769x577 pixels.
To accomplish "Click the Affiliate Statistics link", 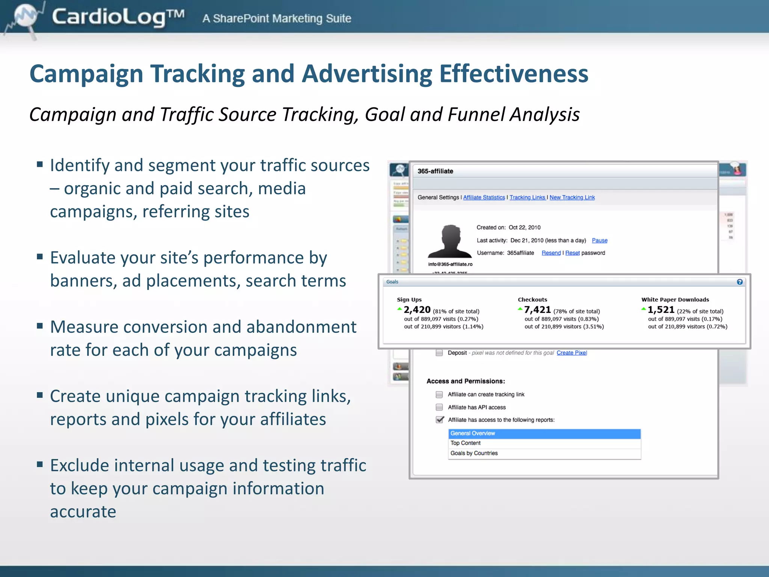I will click(484, 198).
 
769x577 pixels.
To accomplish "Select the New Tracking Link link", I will click(572, 198).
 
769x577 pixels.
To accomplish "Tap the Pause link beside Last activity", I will click(600, 240).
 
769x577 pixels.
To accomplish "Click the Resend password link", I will click(551, 253).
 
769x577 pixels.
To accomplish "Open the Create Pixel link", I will click(571, 353).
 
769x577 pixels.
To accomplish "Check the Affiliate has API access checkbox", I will click(439, 407).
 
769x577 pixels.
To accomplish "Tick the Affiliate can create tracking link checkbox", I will click(439, 394).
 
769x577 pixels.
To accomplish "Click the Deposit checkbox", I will click(439, 353).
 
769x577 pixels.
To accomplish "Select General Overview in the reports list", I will click(544, 434).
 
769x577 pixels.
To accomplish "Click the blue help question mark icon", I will click(740, 282).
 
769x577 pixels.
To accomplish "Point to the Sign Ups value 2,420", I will click(417, 310).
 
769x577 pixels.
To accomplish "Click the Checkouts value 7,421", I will click(537, 310).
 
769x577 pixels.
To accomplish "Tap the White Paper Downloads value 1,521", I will click(661, 310).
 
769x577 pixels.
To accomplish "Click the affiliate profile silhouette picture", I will click(450, 242).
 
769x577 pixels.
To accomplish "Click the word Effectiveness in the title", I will click(513, 74).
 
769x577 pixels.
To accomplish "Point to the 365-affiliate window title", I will click(435, 171).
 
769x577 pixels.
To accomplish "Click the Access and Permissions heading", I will click(466, 381).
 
